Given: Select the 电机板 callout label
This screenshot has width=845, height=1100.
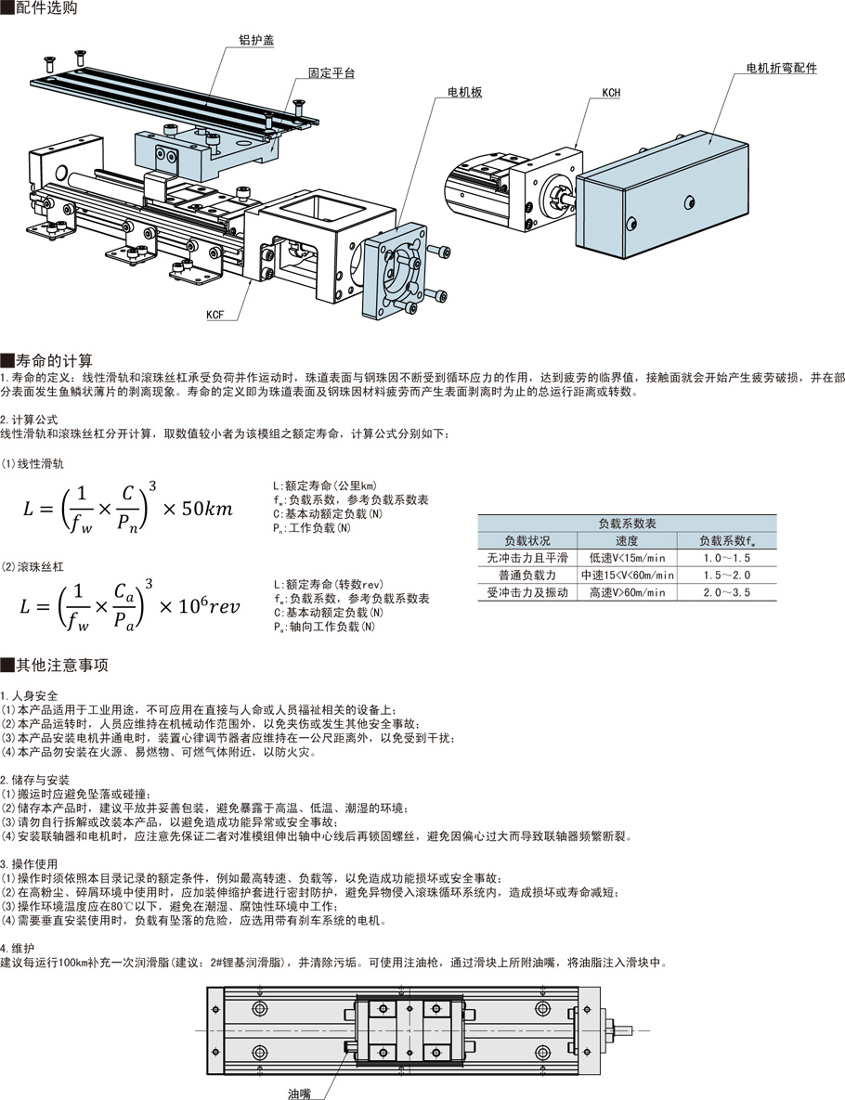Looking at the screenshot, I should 465,92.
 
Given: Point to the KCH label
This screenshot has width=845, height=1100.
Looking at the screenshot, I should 611,92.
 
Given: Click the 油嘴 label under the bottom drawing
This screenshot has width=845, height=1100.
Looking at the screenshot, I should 299,1093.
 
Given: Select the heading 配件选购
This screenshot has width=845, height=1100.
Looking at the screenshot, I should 46,9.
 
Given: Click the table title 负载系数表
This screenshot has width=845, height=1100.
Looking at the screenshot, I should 627,524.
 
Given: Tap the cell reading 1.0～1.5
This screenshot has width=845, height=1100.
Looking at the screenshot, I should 726,558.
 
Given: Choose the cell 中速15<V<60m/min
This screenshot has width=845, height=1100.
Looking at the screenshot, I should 627,575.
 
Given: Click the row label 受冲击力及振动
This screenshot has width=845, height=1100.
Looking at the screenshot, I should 526,592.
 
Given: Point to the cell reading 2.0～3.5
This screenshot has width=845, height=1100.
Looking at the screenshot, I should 726,592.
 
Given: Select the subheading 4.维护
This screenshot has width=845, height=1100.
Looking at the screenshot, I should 19,949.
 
